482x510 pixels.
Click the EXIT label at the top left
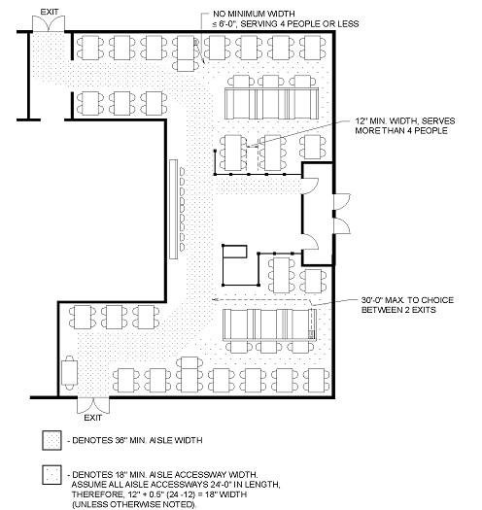pyautogui.click(x=50, y=12)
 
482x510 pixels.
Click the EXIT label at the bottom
pyautogui.click(x=93, y=418)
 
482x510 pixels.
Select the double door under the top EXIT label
pyautogui.click(x=49, y=23)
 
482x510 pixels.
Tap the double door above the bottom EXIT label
pyautogui.click(x=93, y=405)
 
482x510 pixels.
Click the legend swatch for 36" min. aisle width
pyautogui.click(x=52, y=440)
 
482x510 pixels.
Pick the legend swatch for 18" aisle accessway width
pyautogui.click(x=52, y=475)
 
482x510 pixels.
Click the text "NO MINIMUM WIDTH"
pyautogui.click(x=254, y=14)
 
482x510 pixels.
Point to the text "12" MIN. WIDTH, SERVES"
pyautogui.click(x=405, y=121)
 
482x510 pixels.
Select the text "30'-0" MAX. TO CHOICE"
pyautogui.click(x=407, y=300)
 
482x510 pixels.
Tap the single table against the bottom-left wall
pyautogui.click(x=69, y=372)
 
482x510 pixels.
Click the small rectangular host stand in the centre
pyautogui.click(x=235, y=252)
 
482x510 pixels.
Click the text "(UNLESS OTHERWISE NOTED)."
pyautogui.click(x=134, y=504)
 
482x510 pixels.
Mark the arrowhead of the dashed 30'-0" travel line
pyautogui.click(x=214, y=299)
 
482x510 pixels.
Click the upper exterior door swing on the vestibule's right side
pyautogui.click(x=342, y=202)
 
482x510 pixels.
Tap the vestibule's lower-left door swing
pyautogui.click(x=310, y=241)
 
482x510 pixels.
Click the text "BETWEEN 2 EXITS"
pyautogui.click(x=398, y=310)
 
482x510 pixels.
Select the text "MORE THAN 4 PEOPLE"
pyautogui.click(x=401, y=131)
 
